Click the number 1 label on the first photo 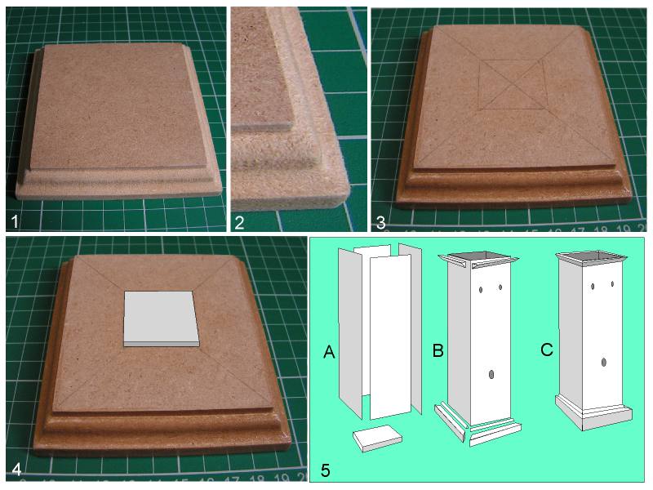click(x=15, y=221)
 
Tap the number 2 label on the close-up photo click(x=239, y=222)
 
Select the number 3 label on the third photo click(x=380, y=222)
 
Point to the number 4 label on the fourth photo click(x=16, y=470)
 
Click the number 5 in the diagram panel click(x=326, y=470)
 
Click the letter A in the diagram click(x=329, y=353)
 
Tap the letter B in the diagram click(x=438, y=350)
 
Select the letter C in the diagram click(x=546, y=350)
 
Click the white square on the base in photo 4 click(x=161, y=318)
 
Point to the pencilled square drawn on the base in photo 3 click(x=513, y=85)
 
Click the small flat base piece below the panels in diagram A click(x=378, y=438)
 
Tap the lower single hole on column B click(x=492, y=375)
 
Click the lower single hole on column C click(x=604, y=362)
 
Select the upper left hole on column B click(x=481, y=290)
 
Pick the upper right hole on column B click(x=500, y=287)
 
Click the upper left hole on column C click(x=593, y=287)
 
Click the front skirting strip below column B click(x=495, y=434)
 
